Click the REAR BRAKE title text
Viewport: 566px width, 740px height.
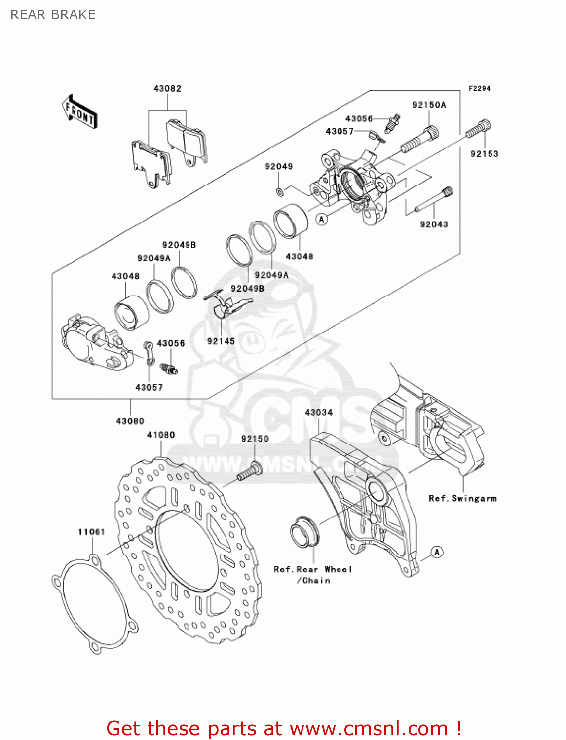click(53, 15)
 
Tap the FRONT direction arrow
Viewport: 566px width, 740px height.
click(79, 112)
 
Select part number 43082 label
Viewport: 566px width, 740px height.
click(167, 89)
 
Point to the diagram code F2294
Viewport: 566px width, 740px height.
click(479, 88)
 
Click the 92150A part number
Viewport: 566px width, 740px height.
click(429, 105)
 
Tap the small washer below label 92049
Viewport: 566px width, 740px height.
click(279, 191)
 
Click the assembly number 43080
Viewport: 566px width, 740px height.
click(130, 421)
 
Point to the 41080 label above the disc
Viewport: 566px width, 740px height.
click(161, 435)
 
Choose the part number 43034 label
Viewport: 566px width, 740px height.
click(319, 412)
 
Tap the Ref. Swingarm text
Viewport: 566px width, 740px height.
click(462, 499)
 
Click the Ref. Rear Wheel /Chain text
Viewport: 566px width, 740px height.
click(313, 575)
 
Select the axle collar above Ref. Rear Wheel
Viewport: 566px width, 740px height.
click(304, 533)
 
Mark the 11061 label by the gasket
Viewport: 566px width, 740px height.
click(92, 532)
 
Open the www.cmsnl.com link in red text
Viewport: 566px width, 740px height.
click(369, 728)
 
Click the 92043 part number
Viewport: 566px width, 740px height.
click(434, 224)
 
